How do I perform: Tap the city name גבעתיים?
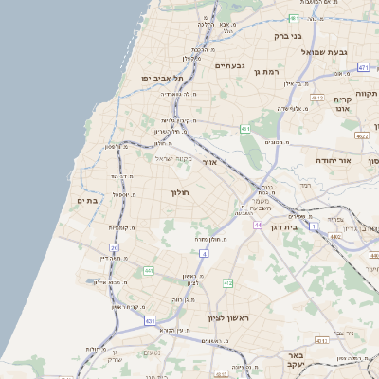(230, 65)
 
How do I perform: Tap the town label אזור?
(211, 162)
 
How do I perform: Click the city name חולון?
(180, 192)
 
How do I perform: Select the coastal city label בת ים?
(87, 200)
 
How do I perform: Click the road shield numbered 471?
(364, 68)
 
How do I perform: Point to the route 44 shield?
(258, 225)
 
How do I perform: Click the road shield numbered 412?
(228, 282)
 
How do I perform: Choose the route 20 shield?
(115, 247)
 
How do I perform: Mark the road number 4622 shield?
(362, 135)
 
